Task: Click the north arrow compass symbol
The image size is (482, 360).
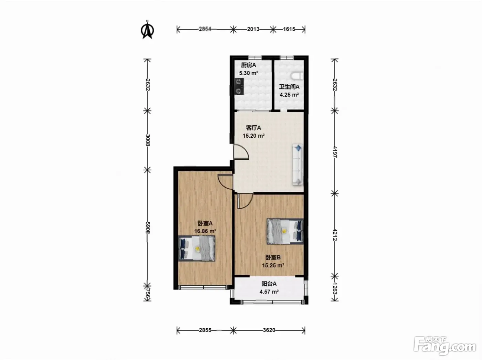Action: pos(147,30)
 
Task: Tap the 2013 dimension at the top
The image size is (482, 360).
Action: pos(253,29)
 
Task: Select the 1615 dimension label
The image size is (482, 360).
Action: pos(289,29)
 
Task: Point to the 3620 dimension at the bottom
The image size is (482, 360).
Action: pos(269,330)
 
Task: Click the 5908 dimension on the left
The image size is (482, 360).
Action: pos(148,227)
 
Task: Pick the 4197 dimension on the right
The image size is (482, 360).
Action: pos(335,152)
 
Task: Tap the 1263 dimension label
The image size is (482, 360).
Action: pos(335,288)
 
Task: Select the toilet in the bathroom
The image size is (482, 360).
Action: pos(297,76)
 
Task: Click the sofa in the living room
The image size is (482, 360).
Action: pos(298,165)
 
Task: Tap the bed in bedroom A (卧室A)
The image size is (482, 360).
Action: pos(197,248)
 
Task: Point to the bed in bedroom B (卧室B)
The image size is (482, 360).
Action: pos(285,231)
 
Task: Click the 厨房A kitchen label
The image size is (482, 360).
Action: pos(248,65)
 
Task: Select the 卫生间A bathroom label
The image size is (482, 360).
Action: pos(289,87)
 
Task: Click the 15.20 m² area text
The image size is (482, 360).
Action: pos(253,136)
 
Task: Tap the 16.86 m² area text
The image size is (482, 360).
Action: pos(205,231)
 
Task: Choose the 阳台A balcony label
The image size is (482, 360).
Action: pos(269,284)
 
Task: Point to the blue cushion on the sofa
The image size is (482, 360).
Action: pos(298,148)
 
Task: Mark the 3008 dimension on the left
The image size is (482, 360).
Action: pos(148,140)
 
